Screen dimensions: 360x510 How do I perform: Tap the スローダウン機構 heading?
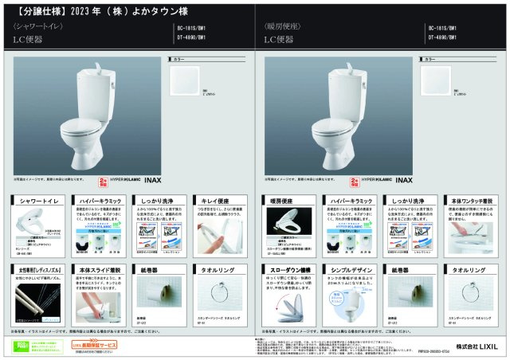coord(287,272)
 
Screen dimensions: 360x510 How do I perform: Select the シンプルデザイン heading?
coord(347,272)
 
